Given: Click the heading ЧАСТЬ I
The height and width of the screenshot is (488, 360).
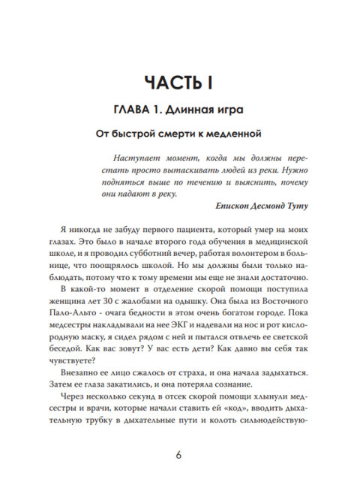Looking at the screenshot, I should pos(179,80).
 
